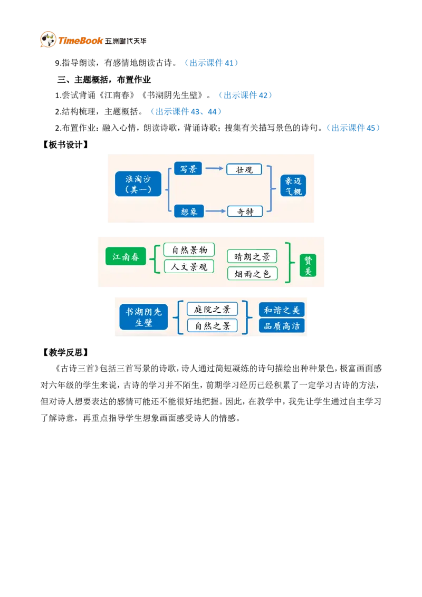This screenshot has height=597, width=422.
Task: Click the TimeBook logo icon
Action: pos(49,39)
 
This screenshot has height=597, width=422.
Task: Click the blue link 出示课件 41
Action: pos(212,63)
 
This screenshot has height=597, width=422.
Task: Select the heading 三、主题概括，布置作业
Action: pos(104,80)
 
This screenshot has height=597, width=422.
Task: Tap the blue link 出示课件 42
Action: pos(245,95)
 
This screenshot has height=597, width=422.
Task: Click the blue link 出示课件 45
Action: pos(353,128)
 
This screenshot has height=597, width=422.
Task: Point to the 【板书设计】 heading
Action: pos(65,145)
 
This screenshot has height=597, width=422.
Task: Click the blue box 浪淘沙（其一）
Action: pos(138,184)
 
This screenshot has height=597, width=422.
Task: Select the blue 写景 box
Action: pos(188,169)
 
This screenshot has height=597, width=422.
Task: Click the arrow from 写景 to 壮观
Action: pos(214,168)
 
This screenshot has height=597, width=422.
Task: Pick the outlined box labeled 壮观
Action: pos(244,169)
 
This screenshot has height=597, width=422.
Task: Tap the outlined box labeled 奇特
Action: pos(245,211)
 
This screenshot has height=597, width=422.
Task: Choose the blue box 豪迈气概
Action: pos(293,186)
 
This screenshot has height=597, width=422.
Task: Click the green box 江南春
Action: pos(126,257)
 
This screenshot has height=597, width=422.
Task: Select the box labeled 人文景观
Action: pos(189,266)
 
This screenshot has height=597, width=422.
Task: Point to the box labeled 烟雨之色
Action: pos(252,274)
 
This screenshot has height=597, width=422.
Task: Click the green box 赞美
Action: pos(308,265)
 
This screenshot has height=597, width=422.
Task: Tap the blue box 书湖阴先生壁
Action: pos(143,317)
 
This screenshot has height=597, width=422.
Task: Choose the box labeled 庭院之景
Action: pos(212,309)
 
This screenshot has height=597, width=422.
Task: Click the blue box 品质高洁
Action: pos(282,326)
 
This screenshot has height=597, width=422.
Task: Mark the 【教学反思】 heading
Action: pos(65,352)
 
